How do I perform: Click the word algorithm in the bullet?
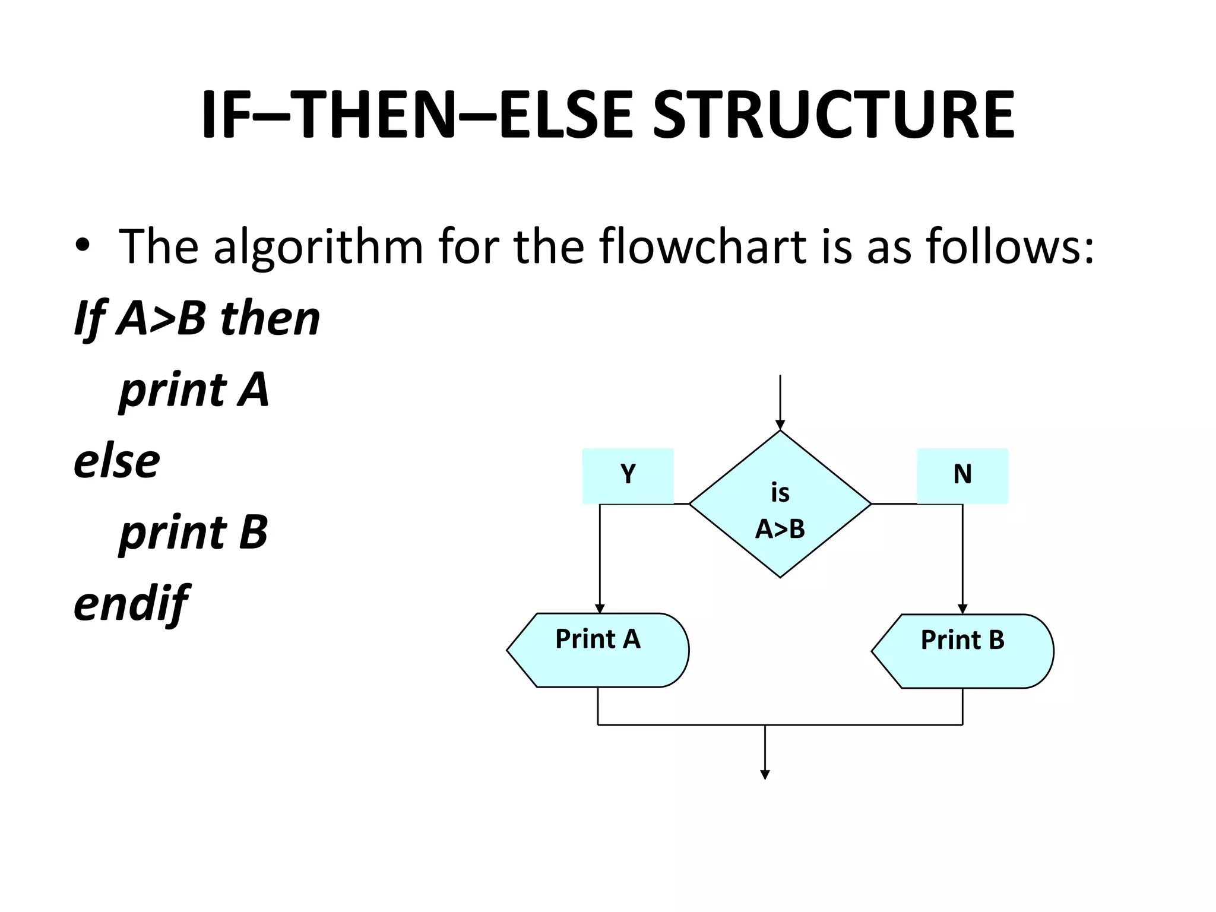tap(318, 246)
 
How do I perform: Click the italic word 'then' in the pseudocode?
tap(270, 318)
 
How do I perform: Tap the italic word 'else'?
tap(117, 461)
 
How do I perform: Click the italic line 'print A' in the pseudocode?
tap(194, 390)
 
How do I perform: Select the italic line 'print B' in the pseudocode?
tap(194, 532)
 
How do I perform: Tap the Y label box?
tap(628, 476)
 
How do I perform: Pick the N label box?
tap(962, 476)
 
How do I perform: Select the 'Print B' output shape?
tap(962, 651)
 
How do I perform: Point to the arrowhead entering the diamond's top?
tap(780, 425)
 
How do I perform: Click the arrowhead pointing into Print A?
tap(600, 609)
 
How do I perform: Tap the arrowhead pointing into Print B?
tap(962, 609)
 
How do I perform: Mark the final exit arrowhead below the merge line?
tap(765, 775)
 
